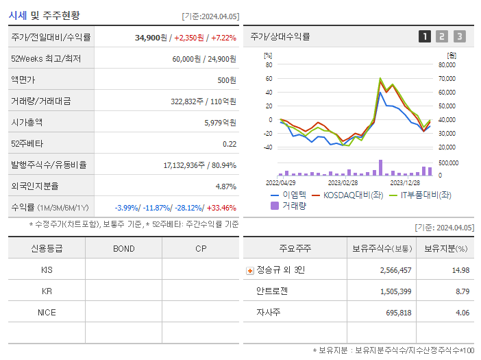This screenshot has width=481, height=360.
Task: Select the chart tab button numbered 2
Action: click(x=442, y=36)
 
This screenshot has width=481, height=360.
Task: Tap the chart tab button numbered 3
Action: click(x=459, y=36)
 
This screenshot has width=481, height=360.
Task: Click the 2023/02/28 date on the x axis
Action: click(x=343, y=183)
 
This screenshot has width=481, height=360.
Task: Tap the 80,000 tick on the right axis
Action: click(x=447, y=65)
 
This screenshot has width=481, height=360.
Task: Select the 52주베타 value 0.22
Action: click(x=230, y=143)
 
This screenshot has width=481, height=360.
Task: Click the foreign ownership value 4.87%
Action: click(x=225, y=186)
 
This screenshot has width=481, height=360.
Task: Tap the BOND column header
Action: click(x=124, y=248)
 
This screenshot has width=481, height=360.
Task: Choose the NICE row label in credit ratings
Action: click(x=47, y=312)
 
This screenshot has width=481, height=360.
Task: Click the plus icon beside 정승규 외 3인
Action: click(x=249, y=270)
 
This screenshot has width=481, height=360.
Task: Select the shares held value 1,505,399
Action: click(x=395, y=291)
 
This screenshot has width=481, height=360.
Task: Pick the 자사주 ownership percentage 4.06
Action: click(x=461, y=313)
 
